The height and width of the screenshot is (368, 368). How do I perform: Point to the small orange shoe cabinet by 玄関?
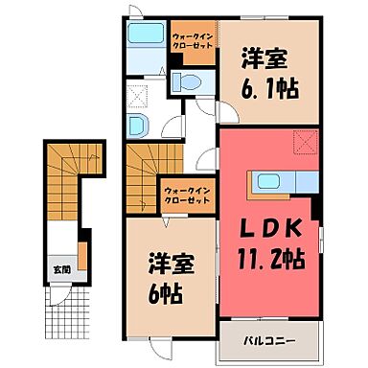pos(83,257)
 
